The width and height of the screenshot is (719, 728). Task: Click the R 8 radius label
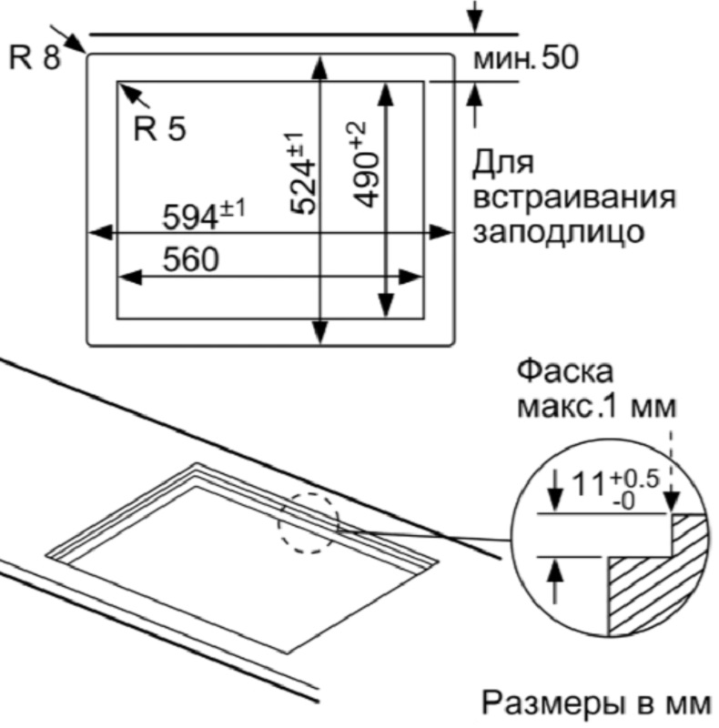35,58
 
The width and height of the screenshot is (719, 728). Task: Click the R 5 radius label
159,128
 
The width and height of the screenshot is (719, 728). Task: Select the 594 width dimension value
190,217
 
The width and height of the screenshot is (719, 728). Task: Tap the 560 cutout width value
190,259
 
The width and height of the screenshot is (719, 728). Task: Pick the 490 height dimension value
366,179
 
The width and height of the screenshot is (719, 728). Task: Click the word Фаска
565,372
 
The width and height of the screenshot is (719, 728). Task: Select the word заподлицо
558,232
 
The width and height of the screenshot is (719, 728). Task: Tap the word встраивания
574,197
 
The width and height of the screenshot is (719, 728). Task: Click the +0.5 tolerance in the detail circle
635,479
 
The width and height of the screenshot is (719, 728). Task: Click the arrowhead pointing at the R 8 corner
76,45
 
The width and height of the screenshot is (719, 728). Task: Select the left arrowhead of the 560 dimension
130,278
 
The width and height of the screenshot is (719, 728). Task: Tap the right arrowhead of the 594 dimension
440,233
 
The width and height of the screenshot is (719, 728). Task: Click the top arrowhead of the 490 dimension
386,95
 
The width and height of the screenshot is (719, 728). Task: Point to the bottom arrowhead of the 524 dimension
320,332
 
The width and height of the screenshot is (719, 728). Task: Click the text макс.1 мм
597,407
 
